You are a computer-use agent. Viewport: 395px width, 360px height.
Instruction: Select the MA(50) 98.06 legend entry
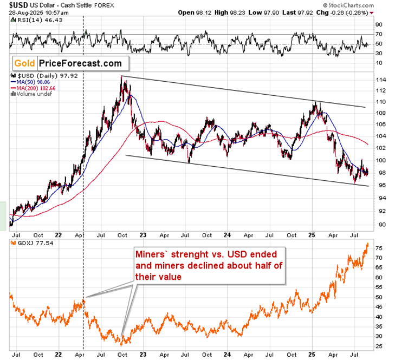pos(33,82)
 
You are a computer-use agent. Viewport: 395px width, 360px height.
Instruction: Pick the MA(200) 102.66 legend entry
pos(35,88)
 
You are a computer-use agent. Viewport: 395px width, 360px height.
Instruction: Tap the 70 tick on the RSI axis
pos(379,34)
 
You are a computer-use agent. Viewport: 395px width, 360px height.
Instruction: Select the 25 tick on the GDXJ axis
pos(379,346)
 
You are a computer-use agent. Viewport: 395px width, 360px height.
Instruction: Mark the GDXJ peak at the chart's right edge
pos(367,244)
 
